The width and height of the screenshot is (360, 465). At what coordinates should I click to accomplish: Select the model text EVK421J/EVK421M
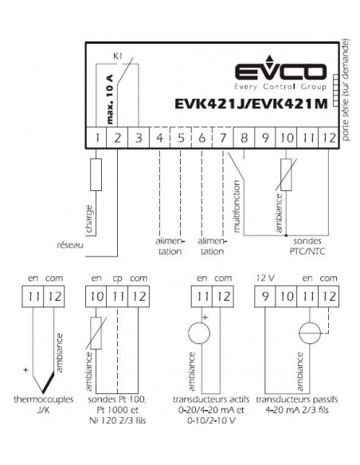click(251, 104)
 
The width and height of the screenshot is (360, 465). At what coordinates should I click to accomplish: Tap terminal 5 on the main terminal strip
click(181, 138)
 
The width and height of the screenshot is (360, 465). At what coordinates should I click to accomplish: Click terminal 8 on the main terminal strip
click(244, 138)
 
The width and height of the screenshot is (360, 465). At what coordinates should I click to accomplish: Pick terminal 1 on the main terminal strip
click(96, 138)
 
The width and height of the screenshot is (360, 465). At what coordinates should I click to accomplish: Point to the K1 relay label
click(118, 56)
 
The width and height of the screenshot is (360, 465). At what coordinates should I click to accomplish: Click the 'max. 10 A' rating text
click(110, 100)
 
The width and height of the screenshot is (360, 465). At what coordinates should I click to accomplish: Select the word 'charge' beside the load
click(88, 219)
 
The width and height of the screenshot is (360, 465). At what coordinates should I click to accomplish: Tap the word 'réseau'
click(70, 245)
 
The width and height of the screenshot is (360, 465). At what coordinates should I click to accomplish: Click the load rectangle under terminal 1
click(96, 174)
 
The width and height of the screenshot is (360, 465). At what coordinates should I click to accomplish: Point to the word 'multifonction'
click(237, 206)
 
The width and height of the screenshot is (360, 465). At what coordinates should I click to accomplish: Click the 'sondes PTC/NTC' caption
click(307, 246)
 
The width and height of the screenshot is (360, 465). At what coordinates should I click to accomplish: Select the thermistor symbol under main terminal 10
click(286, 174)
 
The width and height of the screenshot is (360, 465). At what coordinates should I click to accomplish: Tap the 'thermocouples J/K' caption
click(44, 404)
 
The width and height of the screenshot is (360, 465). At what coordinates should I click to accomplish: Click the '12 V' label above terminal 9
click(265, 278)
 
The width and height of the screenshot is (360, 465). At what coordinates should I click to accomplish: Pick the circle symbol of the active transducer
click(199, 333)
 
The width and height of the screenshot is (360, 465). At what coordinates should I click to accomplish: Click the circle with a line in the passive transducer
click(310, 333)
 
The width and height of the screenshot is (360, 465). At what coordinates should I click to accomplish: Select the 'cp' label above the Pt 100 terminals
click(117, 279)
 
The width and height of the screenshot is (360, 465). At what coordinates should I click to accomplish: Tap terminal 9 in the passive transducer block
click(264, 296)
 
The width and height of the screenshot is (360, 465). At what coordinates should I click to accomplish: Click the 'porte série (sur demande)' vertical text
click(346, 90)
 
